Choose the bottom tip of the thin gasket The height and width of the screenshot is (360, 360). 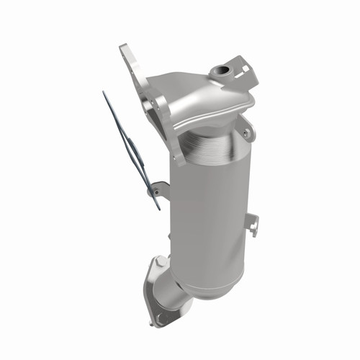pyautogui.click(x=158, y=208)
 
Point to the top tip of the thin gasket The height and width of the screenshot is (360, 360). pyautogui.click(x=104, y=93)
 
